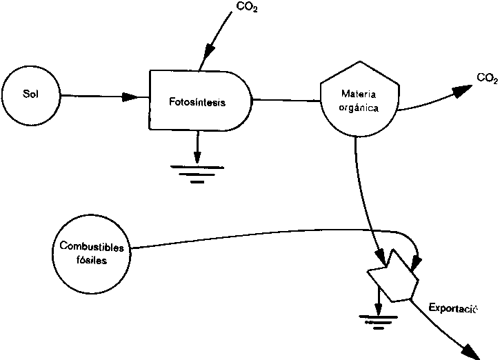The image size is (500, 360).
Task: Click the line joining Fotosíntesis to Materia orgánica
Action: tap(286, 100)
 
